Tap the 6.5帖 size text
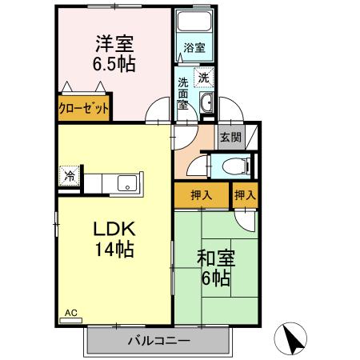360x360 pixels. click(112, 65)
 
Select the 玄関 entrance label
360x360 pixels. click(230, 138)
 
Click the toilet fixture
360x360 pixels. click(233, 166)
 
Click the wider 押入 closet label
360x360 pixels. click(201, 194)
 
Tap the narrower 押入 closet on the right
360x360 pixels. click(246, 194)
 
